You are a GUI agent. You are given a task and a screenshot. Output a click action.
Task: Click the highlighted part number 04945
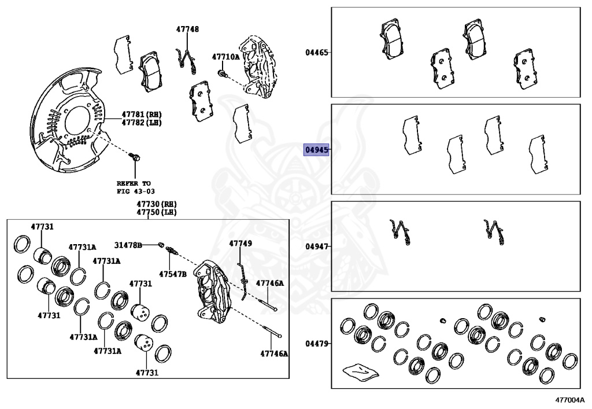[x=316, y=150]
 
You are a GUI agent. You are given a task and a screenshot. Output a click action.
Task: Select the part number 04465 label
[x=317, y=53]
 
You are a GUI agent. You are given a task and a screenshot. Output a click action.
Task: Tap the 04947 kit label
[x=317, y=246]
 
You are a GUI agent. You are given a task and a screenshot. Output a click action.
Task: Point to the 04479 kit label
[x=317, y=344]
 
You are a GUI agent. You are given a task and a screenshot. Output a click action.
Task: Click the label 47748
[x=188, y=29]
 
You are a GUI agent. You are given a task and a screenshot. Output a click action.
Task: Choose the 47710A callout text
[x=226, y=57]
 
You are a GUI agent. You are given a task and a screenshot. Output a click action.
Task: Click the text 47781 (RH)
[x=142, y=115]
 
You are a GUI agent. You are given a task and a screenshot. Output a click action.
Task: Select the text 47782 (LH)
[x=142, y=123]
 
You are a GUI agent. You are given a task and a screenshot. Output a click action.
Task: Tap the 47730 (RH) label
[x=157, y=204]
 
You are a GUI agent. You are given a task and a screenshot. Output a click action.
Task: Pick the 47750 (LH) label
[x=157, y=213]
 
